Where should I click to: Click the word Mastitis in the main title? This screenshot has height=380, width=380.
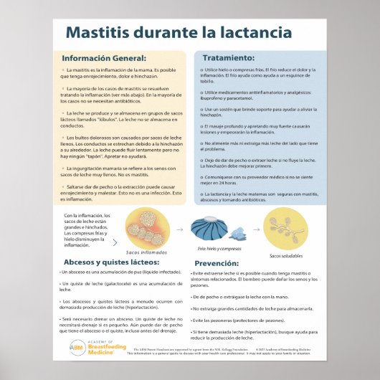click(x=97, y=33)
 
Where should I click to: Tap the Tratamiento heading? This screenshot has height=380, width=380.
click(x=228, y=57)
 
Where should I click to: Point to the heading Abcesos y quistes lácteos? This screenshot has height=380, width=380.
click(x=109, y=262)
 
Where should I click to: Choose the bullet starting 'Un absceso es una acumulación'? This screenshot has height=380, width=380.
click(x=121, y=273)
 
